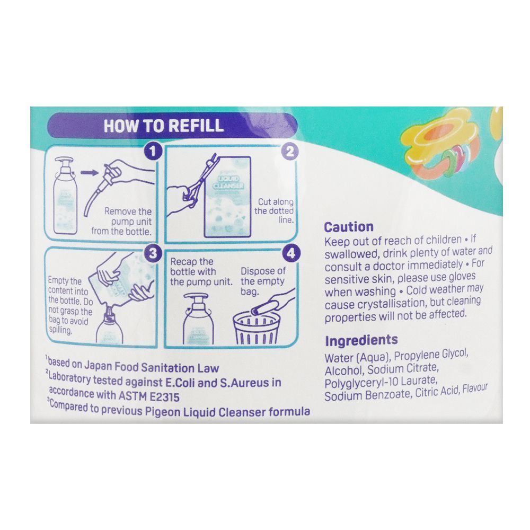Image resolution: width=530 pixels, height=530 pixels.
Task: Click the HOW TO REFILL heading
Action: [164, 126]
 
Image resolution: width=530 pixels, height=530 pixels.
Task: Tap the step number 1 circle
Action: [153, 151]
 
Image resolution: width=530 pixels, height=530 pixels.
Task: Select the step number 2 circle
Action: [290, 152]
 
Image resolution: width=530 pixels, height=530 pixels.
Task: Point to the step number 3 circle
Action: [153, 253]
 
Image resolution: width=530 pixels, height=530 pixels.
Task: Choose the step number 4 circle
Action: [290, 253]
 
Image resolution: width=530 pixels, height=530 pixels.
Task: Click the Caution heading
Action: [349, 226]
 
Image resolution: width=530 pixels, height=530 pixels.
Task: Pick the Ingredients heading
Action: [361, 341]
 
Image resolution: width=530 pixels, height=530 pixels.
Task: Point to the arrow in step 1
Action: [89, 172]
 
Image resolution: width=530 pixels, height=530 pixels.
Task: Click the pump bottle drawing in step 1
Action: [66, 196]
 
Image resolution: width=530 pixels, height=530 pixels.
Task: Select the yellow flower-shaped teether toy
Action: [435, 138]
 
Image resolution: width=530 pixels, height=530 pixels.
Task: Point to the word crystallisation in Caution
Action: [392, 304]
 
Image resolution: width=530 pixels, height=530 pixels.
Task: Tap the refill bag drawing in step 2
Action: [227, 196]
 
